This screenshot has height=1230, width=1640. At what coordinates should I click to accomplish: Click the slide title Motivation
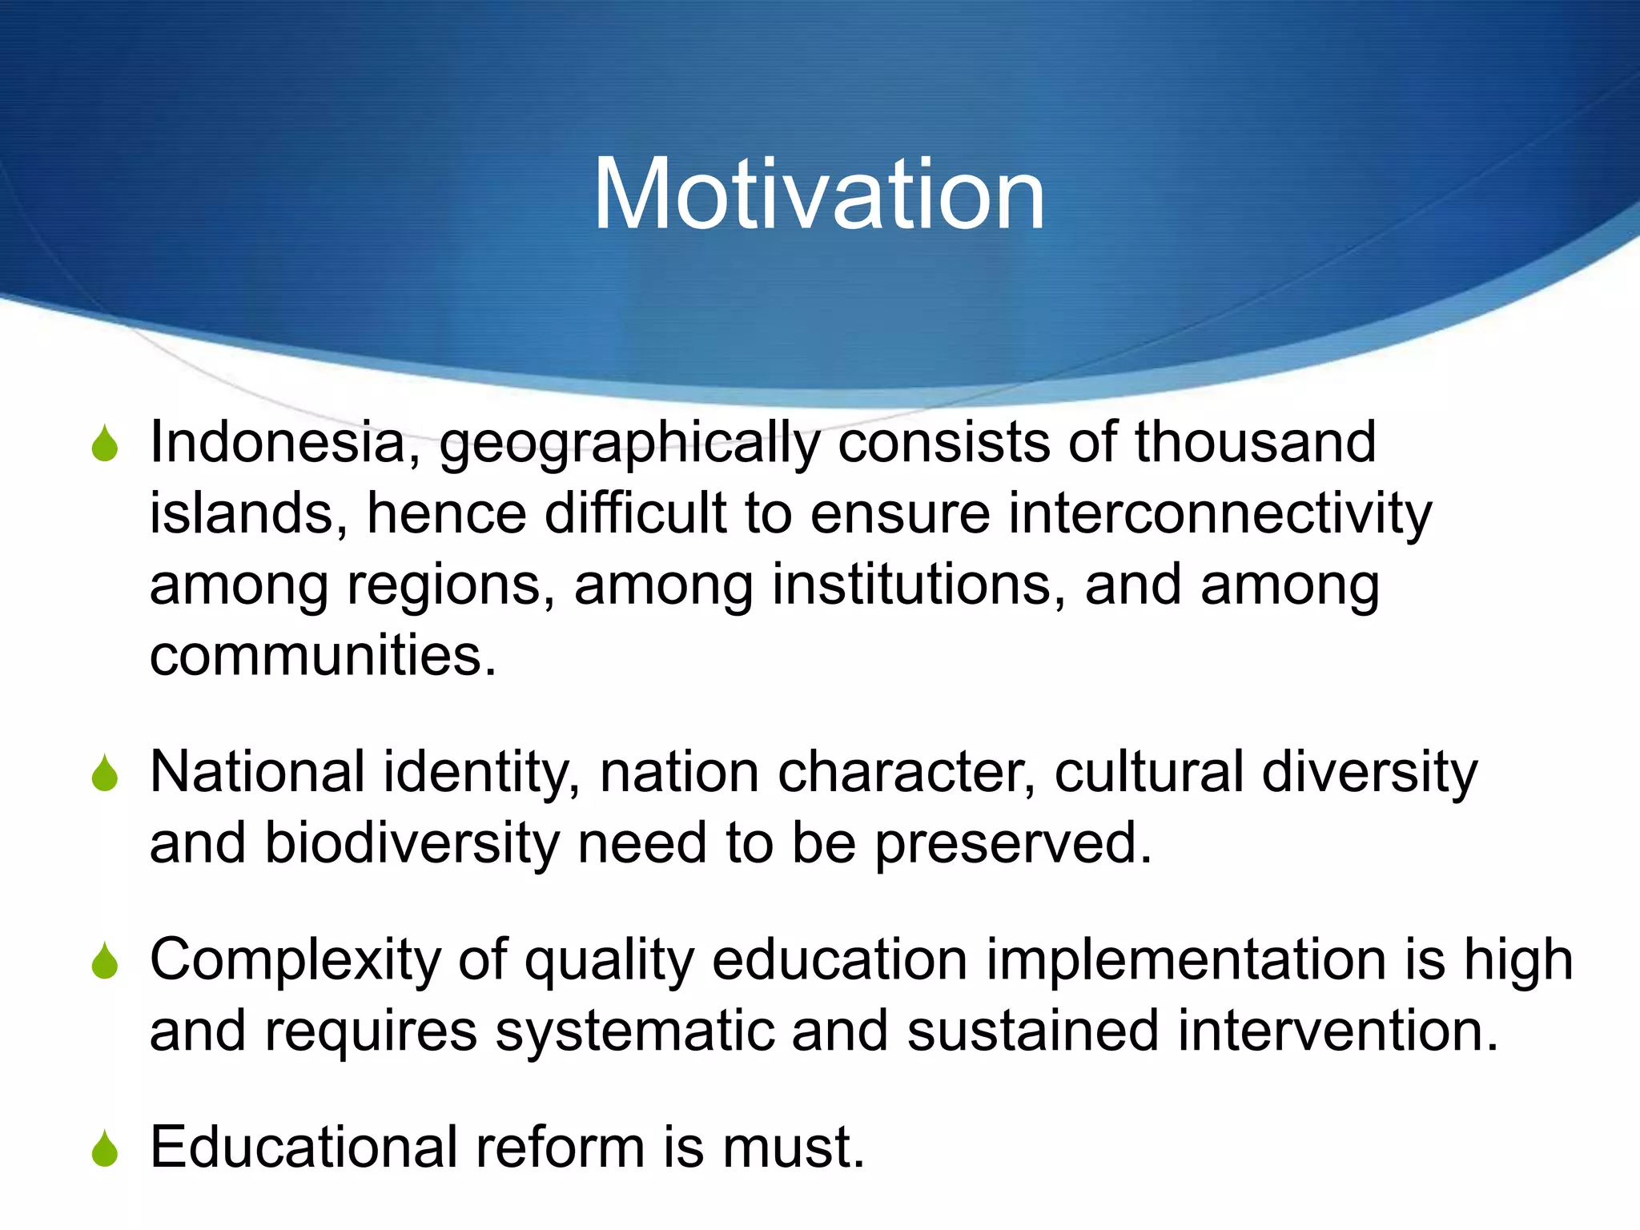[x=818, y=195]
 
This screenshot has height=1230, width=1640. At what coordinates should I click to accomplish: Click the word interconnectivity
[x=1220, y=513]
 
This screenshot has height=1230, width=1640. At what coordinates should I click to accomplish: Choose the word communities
[x=323, y=655]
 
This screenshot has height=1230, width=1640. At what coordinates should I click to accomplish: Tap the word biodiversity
[x=412, y=844]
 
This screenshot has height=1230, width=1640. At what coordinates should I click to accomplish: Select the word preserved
[x=1013, y=844]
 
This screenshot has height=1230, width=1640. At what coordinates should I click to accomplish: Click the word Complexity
[x=295, y=960]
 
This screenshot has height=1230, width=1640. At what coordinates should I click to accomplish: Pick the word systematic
[x=634, y=1031]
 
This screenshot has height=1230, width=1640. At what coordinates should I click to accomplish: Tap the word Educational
[x=303, y=1147]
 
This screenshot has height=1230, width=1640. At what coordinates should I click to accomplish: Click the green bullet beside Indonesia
[x=105, y=444]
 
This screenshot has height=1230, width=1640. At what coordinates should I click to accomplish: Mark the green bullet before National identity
[x=105, y=774]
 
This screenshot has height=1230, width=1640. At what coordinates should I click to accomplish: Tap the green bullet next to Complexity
[x=105, y=962]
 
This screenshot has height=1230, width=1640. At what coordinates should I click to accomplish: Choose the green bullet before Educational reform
[x=105, y=1149]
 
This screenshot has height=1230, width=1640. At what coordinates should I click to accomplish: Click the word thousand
[x=1255, y=442]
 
